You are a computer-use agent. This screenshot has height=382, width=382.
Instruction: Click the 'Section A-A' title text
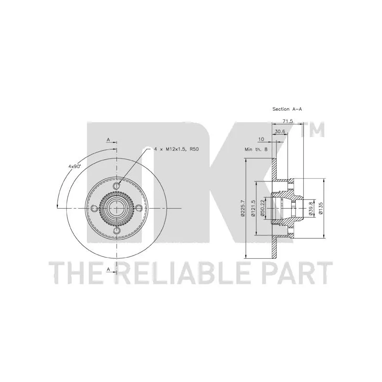click(287, 109)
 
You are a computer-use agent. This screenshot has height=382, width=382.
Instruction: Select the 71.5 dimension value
click(287, 121)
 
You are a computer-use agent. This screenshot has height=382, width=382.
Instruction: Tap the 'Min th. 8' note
click(256, 149)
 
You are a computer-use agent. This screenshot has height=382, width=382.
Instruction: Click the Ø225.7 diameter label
click(243, 208)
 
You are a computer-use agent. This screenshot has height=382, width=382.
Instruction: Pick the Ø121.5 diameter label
click(253, 208)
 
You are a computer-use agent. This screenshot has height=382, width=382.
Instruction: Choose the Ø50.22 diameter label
click(263, 208)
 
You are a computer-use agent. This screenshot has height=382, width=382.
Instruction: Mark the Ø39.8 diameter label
click(310, 208)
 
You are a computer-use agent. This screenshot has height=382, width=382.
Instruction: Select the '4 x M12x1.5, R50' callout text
click(176, 149)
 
